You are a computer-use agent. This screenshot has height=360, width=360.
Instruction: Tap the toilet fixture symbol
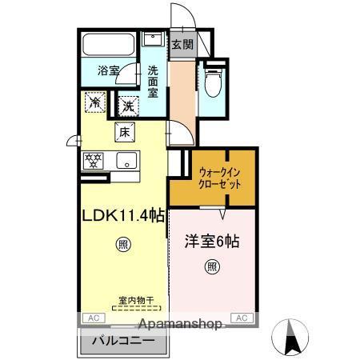pyautogui.click(x=212, y=82)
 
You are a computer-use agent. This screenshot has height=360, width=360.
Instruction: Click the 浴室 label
pyautogui.click(x=109, y=70)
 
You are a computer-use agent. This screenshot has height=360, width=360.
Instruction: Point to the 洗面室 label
pyautogui.click(x=152, y=80)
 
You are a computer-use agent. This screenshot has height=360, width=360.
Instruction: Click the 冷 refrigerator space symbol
pyautogui.click(x=94, y=102)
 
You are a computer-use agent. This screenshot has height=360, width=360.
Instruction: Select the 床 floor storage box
pyautogui.click(x=124, y=132)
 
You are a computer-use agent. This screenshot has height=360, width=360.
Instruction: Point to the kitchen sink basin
pyautogui.click(x=127, y=160)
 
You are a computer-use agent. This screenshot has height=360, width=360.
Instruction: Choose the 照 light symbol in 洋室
pyautogui.click(x=211, y=266)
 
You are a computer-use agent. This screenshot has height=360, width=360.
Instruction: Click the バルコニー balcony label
pyautogui.click(x=122, y=342)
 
